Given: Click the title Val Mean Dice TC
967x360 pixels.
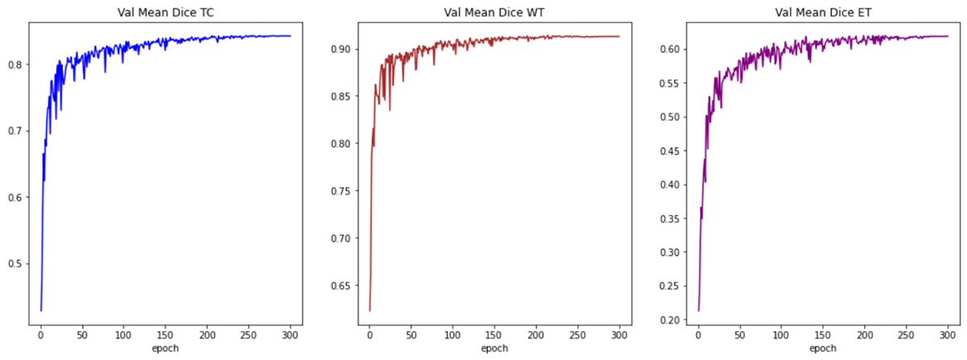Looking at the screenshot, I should (x=165, y=12).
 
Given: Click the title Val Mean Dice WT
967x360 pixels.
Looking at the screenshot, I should (x=494, y=12).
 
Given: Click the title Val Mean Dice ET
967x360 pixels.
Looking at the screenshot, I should (x=822, y=12).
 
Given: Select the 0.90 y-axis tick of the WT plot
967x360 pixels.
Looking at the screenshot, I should (x=340, y=49).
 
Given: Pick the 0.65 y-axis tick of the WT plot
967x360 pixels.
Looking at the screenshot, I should (x=340, y=286).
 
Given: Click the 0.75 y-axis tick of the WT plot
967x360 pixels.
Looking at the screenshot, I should (x=340, y=191).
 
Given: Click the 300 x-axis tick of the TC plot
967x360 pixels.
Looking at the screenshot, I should (x=291, y=334).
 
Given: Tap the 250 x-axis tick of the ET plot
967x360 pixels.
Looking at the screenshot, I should (x=906, y=334).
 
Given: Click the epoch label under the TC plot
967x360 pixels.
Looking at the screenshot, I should (x=165, y=348).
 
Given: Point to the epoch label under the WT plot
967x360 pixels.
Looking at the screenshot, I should (x=494, y=348).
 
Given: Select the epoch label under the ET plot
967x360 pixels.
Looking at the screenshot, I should (x=822, y=348).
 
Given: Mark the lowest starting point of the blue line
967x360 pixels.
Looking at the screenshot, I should (x=41, y=310).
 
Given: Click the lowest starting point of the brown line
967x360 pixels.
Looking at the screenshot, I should (x=369, y=310).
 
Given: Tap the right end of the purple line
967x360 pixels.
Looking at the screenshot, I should (x=948, y=36).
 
